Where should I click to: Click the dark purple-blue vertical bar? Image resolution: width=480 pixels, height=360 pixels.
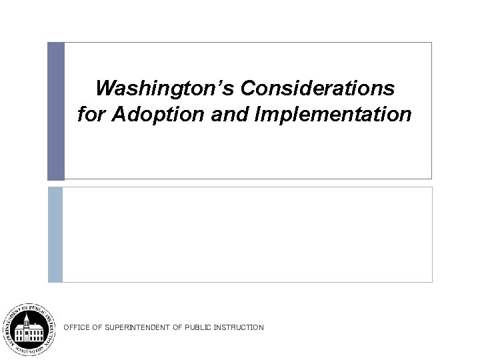[56, 111]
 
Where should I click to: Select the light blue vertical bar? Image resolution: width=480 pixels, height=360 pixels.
[55, 234]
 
